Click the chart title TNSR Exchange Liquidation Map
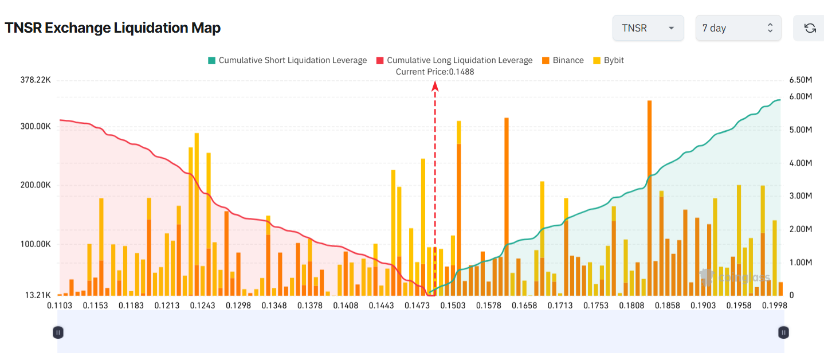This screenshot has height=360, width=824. (113, 28)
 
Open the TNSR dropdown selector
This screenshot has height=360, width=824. (648, 28)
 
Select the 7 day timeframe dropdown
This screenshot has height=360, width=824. (738, 28)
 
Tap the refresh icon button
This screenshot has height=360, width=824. (810, 28)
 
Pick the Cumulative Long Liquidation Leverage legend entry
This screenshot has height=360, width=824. (454, 60)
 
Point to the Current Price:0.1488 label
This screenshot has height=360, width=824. (435, 72)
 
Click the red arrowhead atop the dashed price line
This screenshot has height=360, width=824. (435, 86)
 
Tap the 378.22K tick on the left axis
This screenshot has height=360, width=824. (36, 80)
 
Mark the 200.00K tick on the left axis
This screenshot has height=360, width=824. (36, 185)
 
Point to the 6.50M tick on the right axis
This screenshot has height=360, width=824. (801, 80)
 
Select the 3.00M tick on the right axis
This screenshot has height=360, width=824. (801, 195)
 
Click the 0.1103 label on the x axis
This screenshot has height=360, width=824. (60, 306)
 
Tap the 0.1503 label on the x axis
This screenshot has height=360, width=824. (453, 306)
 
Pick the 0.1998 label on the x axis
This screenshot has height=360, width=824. (774, 306)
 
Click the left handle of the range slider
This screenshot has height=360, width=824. (58, 332)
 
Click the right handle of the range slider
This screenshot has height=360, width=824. (783, 332)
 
